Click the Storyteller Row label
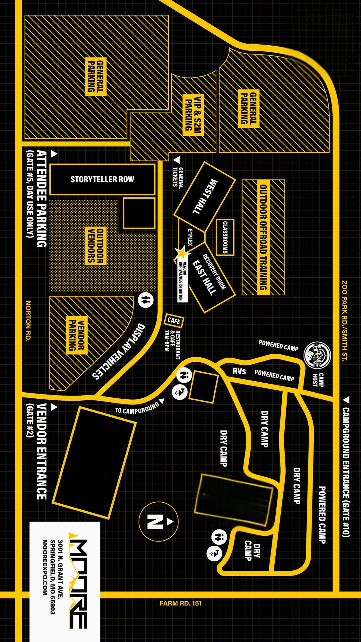102,179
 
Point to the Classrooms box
225,237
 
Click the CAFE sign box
174,320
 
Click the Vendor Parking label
77,335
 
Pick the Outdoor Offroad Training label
263,237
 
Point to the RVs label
239,371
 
